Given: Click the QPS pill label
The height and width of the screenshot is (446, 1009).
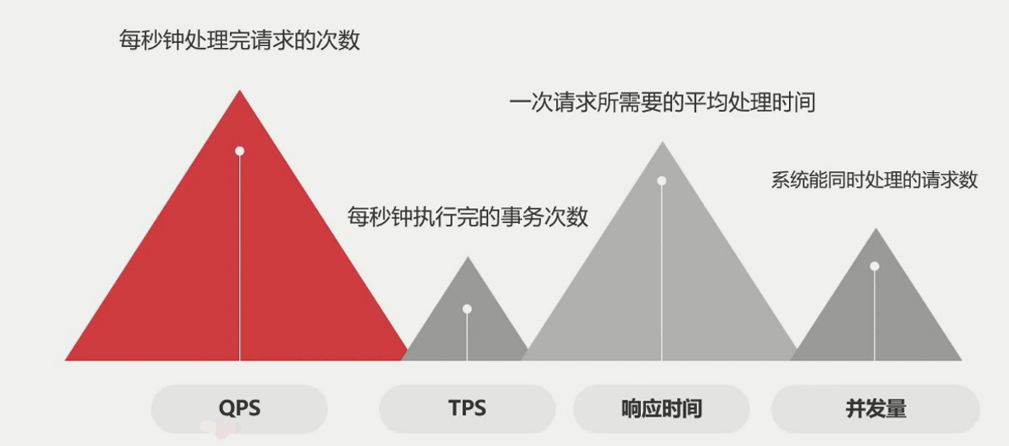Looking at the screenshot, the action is coord(240,408).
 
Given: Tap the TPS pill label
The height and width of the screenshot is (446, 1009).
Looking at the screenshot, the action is coord(467,408).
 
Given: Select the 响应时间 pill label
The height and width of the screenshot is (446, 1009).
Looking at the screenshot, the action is coord(661,408).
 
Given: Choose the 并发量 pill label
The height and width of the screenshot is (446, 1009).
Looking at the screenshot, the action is coord(876,408).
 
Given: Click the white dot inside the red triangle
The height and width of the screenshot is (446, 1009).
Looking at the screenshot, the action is coord(240,151).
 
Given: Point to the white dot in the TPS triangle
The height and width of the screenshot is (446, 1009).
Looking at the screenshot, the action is coord(467,309).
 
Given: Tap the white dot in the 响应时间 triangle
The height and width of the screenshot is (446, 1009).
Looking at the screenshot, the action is coord(661,181).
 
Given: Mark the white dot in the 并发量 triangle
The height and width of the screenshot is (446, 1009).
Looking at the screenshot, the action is coord(875,267).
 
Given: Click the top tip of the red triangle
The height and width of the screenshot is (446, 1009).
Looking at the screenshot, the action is coord(240,91).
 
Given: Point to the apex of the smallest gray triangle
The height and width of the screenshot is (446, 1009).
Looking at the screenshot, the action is coord(468,258).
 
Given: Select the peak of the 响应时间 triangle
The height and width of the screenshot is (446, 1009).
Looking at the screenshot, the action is coord(662,143).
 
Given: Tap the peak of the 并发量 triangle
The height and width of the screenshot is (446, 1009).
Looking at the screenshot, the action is coord(876,230).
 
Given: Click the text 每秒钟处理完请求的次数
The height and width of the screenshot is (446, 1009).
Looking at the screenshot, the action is coord(240,40).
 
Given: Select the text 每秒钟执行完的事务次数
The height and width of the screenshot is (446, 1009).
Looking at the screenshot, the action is coord(468,216).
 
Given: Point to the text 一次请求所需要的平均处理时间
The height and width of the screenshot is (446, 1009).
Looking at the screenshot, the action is coord(662,103).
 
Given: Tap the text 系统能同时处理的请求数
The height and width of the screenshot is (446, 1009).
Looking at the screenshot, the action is coord(874,179).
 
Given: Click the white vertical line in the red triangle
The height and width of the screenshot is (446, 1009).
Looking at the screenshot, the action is coord(240,263).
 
